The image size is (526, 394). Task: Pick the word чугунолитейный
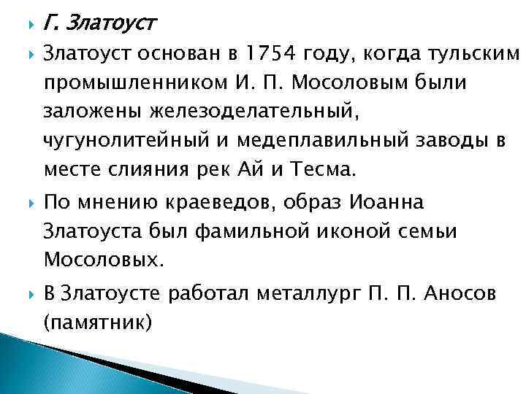point(114,142)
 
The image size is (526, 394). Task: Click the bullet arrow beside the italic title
point(28,26)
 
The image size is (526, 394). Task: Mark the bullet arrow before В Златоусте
point(28,294)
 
